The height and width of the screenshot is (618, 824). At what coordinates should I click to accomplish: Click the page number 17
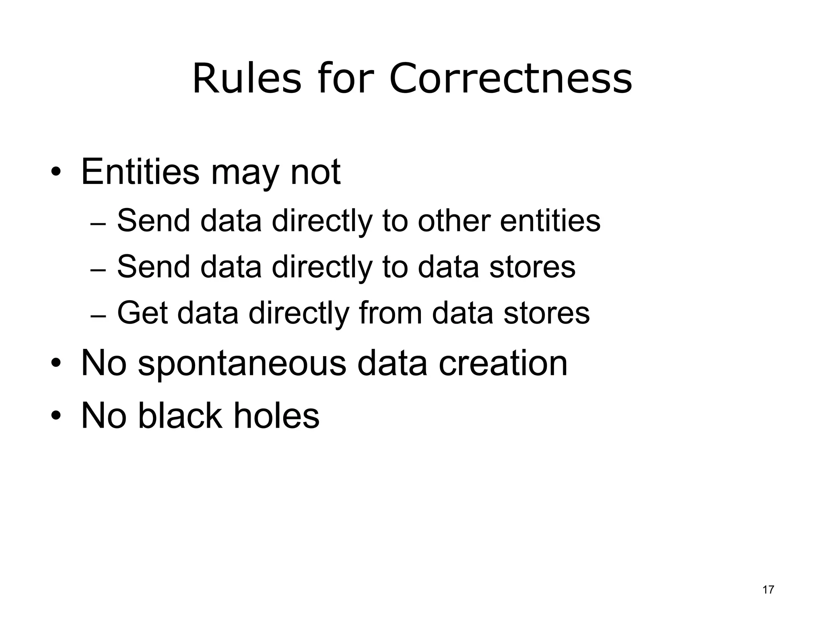[x=768, y=590]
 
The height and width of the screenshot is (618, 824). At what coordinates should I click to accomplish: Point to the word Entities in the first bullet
[x=140, y=172]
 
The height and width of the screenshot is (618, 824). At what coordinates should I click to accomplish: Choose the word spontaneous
[x=242, y=364]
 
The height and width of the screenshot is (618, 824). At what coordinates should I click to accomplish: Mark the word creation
[x=503, y=363]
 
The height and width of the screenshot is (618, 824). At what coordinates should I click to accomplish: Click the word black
[x=180, y=415]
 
